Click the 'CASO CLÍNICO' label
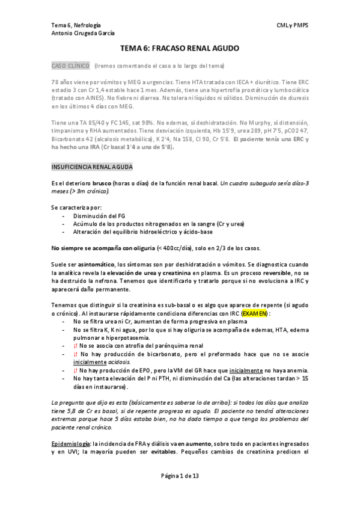(71, 65)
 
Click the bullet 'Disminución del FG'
(98, 215)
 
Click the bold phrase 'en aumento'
(194, 443)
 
